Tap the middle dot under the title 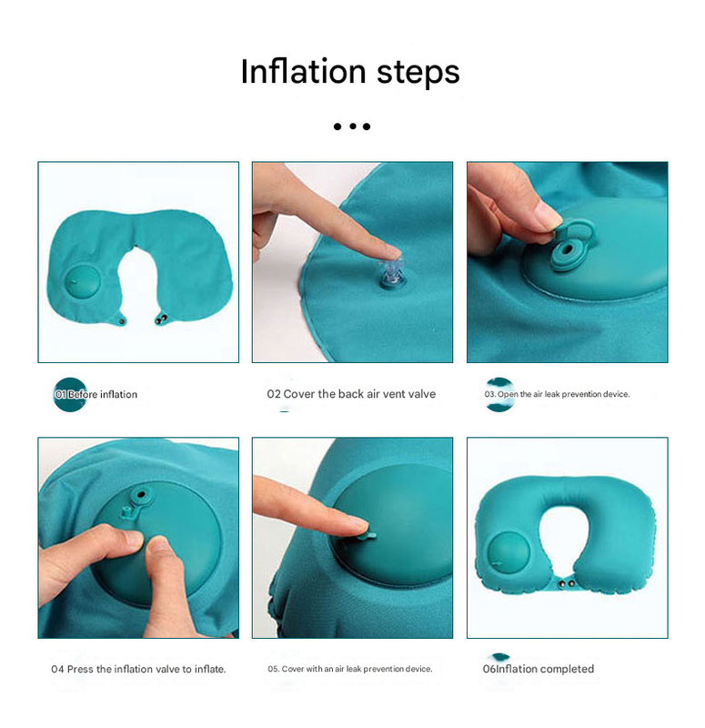[x=352, y=126]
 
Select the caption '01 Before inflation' [x=96, y=395]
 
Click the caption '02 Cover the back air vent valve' [x=351, y=394]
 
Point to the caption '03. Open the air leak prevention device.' [x=557, y=394]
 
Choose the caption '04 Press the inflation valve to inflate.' [x=138, y=669]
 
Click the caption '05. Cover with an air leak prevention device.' [x=350, y=669]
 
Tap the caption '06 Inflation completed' [x=539, y=669]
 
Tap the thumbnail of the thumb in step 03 [x=547, y=216]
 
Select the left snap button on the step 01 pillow [x=123, y=320]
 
